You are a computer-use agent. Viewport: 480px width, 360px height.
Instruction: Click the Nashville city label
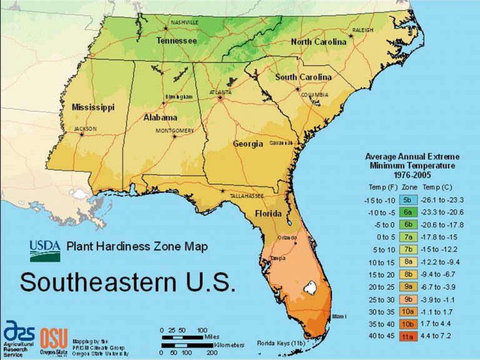pyautogui.click(x=184, y=22)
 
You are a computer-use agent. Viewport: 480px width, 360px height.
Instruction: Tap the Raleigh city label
pyautogui.click(x=362, y=30)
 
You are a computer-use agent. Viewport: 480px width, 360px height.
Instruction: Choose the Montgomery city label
pyautogui.click(x=174, y=131)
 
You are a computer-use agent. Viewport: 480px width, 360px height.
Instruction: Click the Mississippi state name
pyautogui.click(x=93, y=107)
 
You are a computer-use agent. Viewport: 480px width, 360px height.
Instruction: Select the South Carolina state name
pyautogui.click(x=304, y=77)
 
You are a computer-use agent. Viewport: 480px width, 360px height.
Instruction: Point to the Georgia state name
pyautogui.click(x=248, y=144)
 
